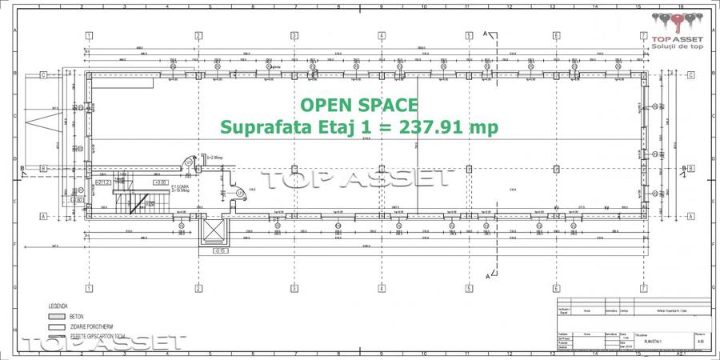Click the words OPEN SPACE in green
tap(358, 105)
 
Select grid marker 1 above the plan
tap(89, 36)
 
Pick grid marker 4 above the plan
tap(382, 36)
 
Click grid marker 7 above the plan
tap(644, 36)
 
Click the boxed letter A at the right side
tap(690, 216)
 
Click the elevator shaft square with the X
tap(214, 233)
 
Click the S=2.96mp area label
tap(215, 158)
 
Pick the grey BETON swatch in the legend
tap(55, 317)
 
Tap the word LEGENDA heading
tap(58, 306)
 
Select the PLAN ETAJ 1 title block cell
tap(654, 339)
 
